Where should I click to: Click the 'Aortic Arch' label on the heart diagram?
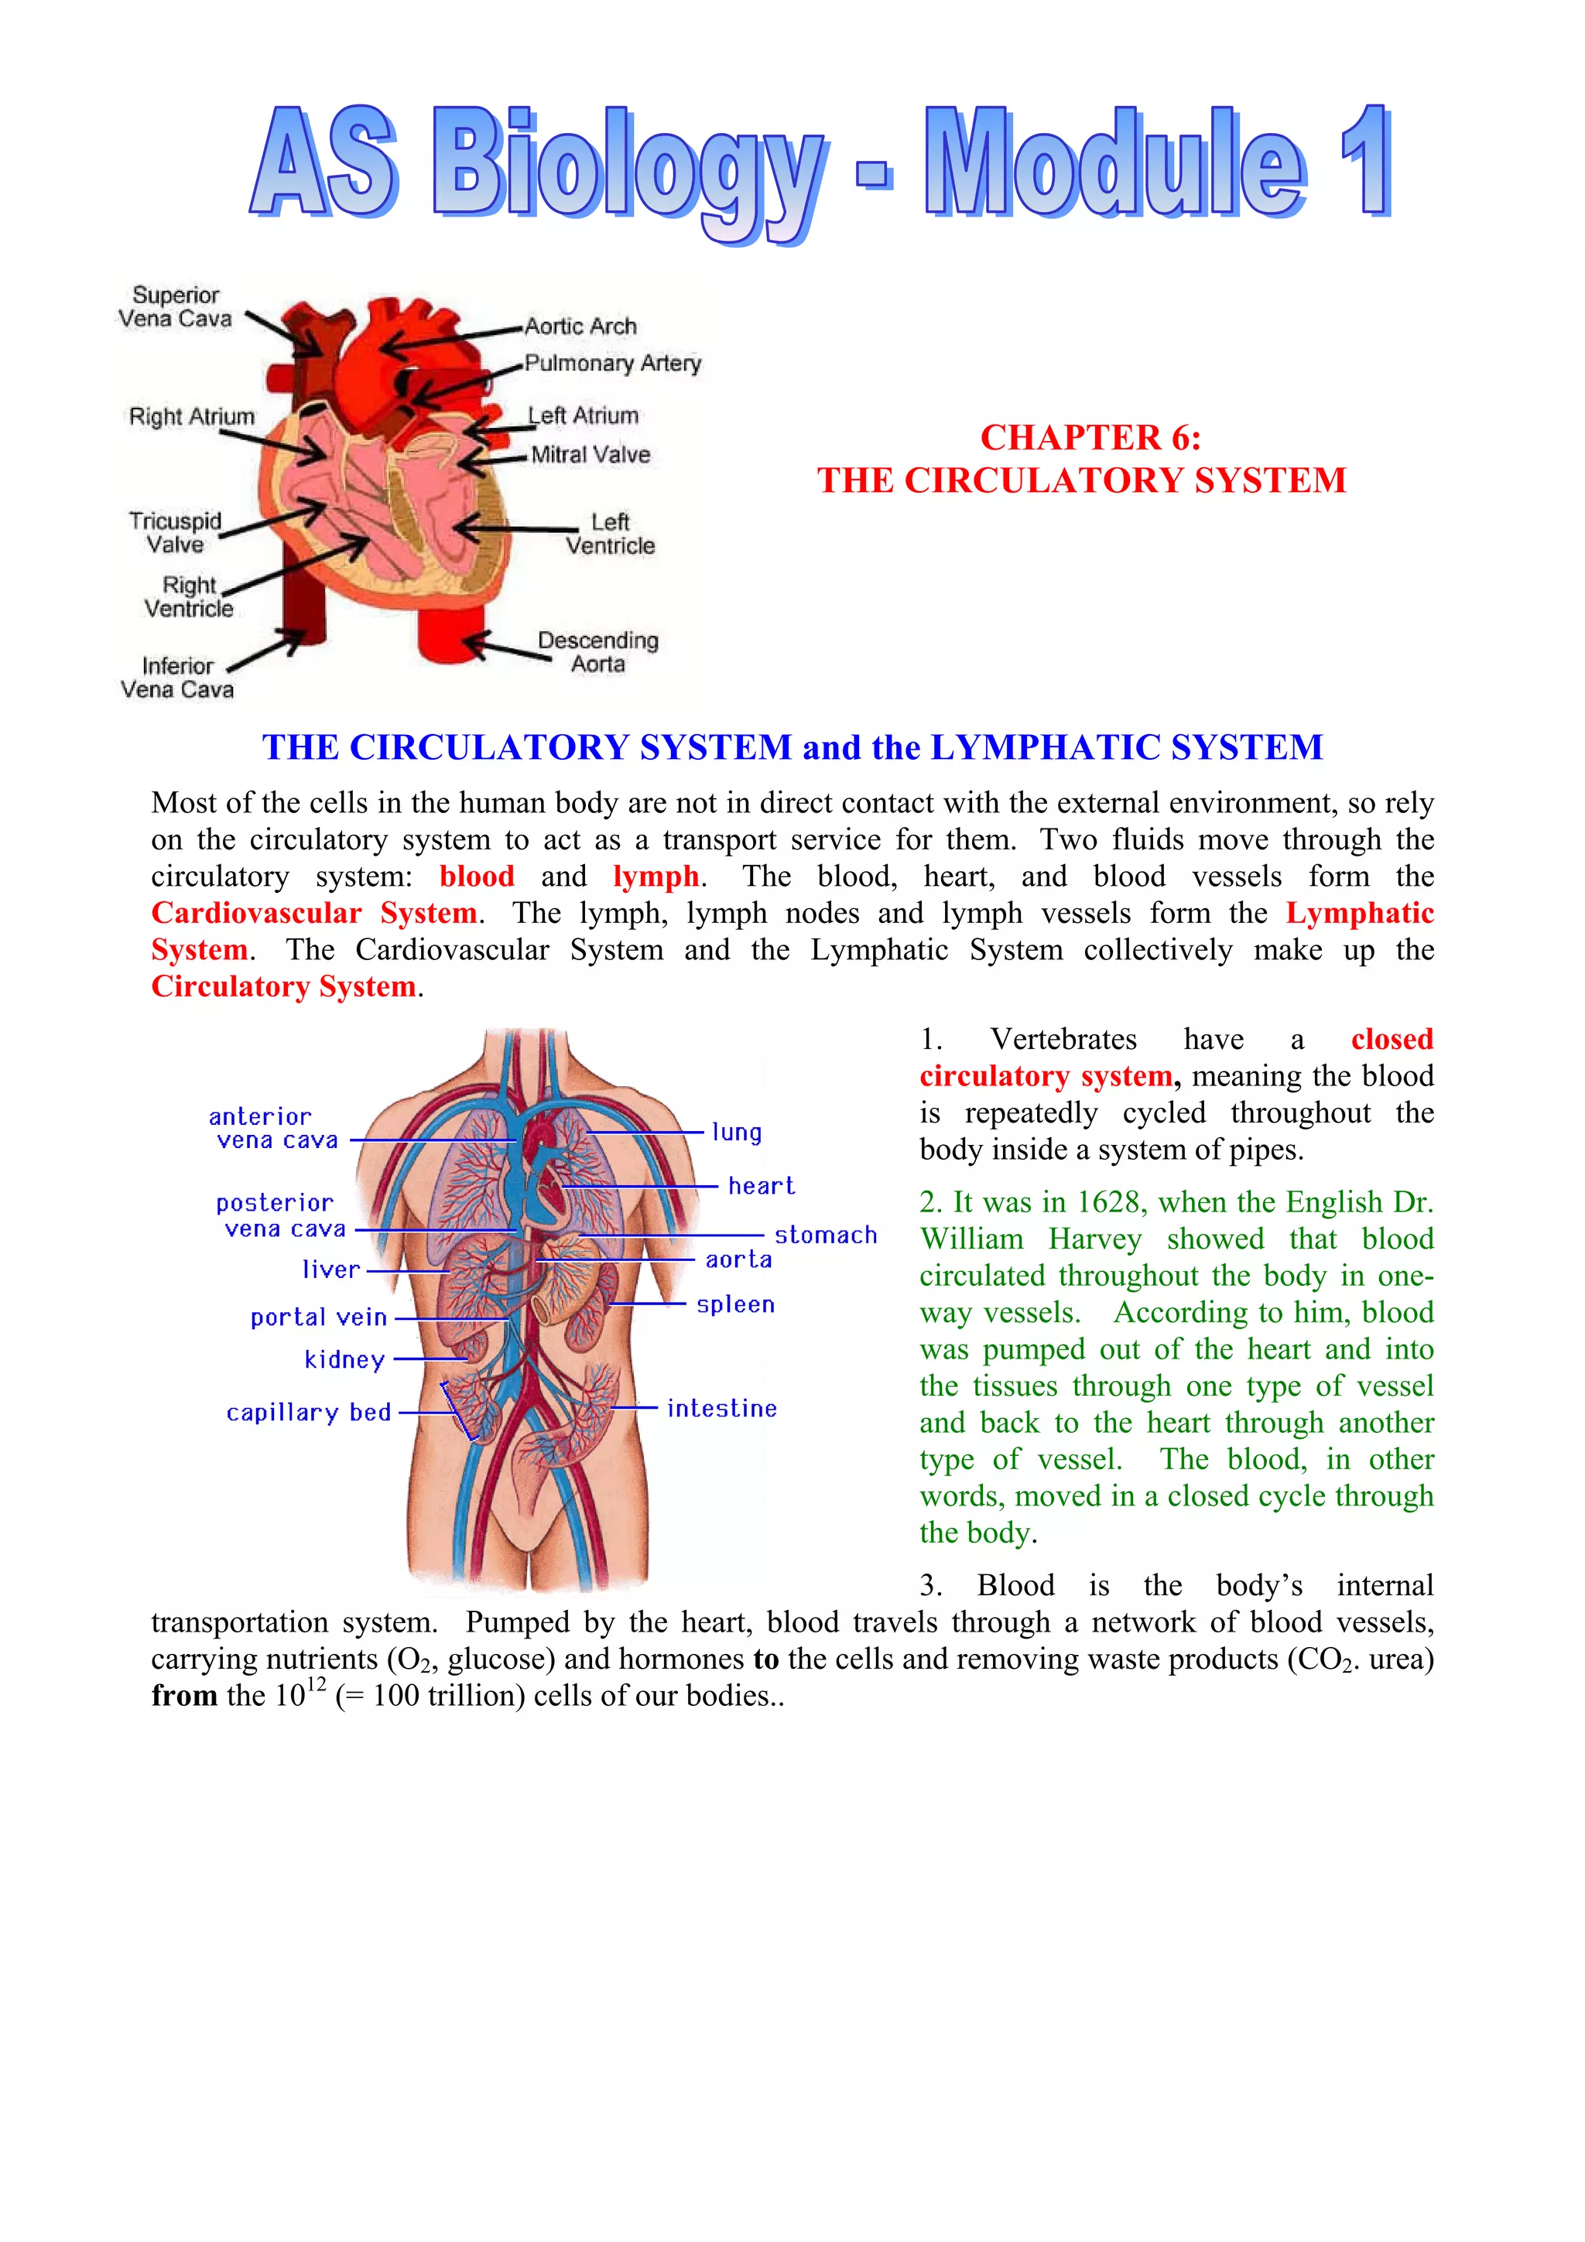(x=580, y=326)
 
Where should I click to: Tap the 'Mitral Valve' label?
(x=590, y=454)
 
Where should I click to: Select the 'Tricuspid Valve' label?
(x=176, y=532)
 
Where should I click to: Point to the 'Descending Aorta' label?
(x=597, y=651)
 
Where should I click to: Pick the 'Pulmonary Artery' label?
(x=612, y=364)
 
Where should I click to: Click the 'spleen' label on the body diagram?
(x=735, y=1304)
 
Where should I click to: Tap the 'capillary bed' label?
(x=309, y=1412)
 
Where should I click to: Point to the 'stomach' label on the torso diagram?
(x=825, y=1235)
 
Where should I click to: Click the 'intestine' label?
(x=722, y=1408)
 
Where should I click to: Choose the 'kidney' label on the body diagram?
(x=344, y=1359)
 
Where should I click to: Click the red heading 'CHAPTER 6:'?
(x=1090, y=437)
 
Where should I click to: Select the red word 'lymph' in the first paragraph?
(x=656, y=876)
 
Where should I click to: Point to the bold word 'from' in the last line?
(x=183, y=1696)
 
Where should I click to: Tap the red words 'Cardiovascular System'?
(x=314, y=913)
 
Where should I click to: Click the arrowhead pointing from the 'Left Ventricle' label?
(x=463, y=528)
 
